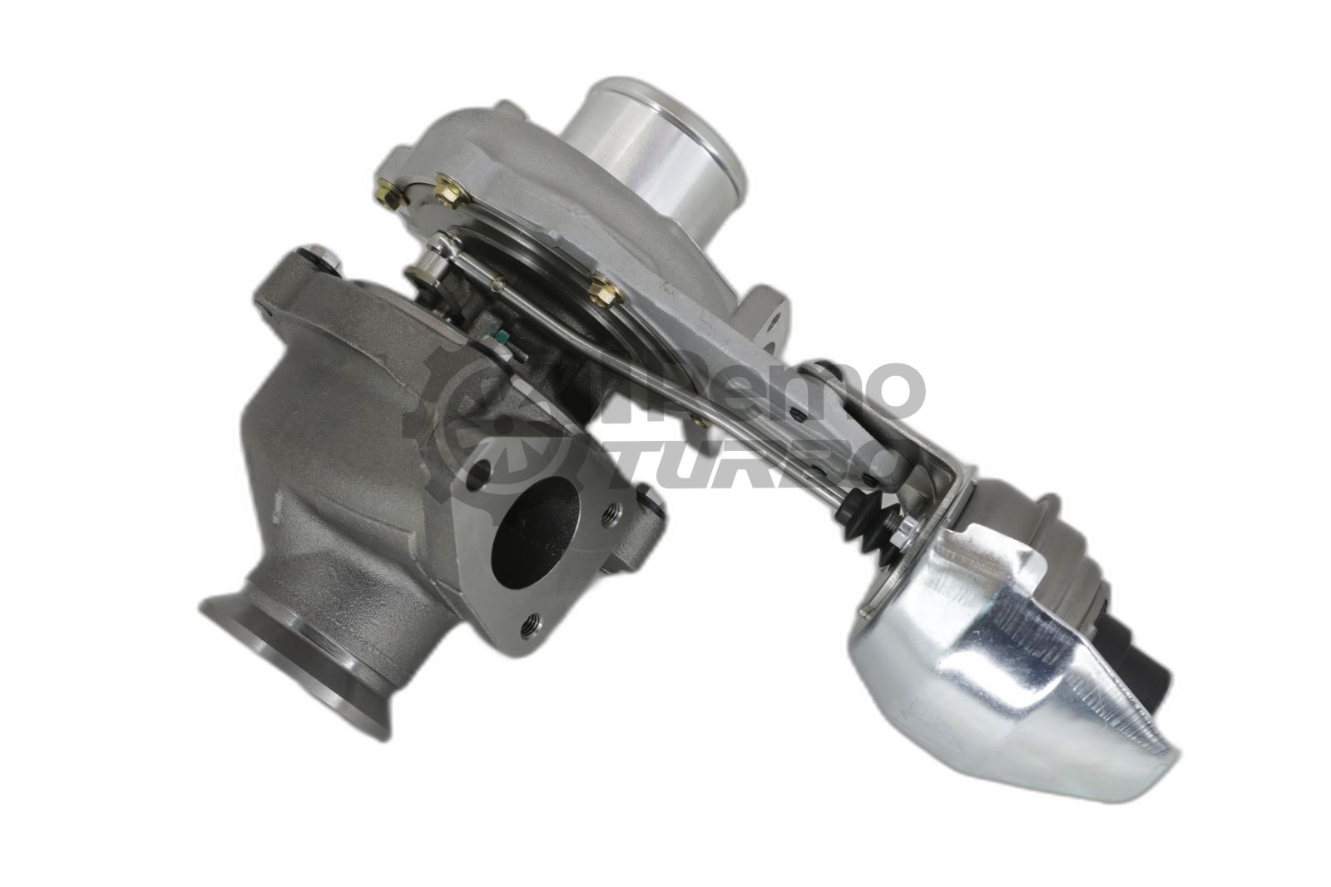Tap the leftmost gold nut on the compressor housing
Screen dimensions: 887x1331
click(387, 191)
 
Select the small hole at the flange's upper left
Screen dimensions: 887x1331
click(480, 478)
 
